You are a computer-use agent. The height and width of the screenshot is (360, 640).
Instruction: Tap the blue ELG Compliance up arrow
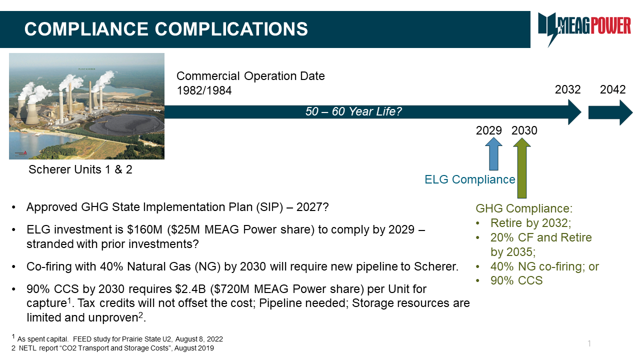coord(493,154)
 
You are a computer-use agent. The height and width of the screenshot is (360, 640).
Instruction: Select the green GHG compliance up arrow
coord(521,168)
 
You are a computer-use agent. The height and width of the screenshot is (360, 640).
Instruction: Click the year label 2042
coord(612,89)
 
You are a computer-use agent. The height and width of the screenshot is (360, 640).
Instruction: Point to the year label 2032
coord(567,89)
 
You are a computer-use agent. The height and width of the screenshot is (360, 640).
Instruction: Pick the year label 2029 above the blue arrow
coord(489,130)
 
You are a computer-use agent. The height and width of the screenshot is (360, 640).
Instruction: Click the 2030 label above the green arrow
coord(524,130)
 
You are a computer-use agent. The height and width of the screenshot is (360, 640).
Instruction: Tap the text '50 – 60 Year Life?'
coord(353,111)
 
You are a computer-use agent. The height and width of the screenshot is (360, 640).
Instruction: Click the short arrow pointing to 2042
coord(610,112)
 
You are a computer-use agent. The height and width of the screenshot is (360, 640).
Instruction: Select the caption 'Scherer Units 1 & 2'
coord(80,169)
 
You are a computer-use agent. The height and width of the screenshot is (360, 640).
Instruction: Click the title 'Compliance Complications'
coord(166,29)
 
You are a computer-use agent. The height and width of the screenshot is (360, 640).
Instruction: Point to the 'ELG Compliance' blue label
coord(469,179)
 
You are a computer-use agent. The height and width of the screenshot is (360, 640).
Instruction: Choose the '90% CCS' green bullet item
coord(516,280)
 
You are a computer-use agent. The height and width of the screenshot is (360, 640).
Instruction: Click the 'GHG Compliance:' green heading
coord(524,208)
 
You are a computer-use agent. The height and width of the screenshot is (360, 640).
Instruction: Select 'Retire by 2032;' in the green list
coord(530,223)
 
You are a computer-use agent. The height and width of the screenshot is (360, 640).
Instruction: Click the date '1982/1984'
coord(204,90)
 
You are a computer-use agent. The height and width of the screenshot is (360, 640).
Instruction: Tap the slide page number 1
coord(589,343)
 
